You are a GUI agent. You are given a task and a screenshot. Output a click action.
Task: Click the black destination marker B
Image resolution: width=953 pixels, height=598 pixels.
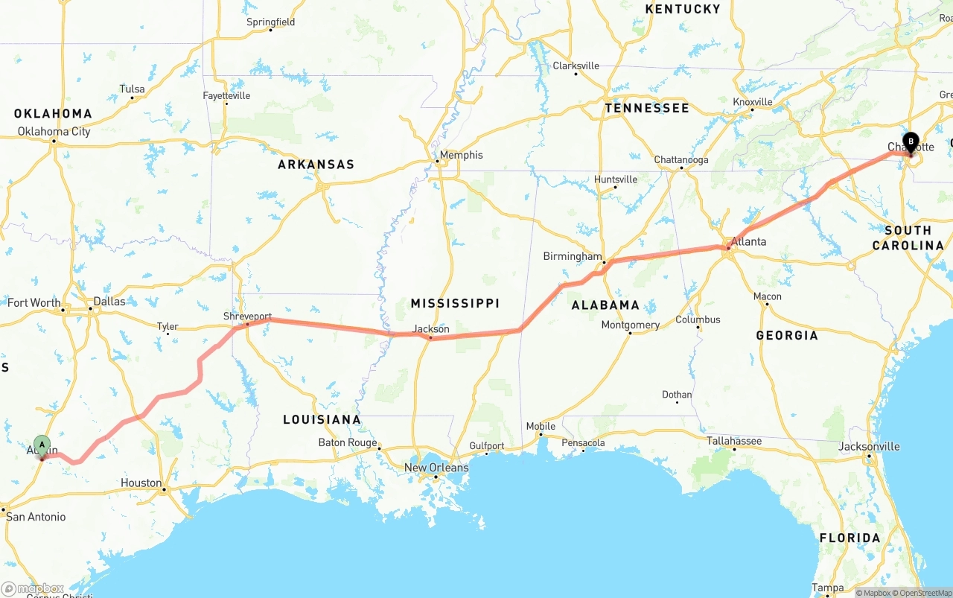point(910,141)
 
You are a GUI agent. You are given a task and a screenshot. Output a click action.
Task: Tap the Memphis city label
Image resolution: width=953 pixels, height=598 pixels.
point(461,155)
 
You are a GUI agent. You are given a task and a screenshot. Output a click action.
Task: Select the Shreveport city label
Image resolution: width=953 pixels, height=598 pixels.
point(247,317)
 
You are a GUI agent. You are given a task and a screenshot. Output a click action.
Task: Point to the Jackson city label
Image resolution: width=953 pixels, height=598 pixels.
point(431,328)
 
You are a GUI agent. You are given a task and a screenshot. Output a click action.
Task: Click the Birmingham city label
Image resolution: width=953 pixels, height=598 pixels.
point(572,256)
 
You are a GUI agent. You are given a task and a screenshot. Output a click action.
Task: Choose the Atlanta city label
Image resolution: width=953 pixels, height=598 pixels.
point(748,241)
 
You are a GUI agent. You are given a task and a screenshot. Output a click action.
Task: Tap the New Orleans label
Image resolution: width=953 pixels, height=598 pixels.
point(436,468)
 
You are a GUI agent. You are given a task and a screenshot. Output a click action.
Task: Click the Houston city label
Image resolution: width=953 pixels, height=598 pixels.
point(141,483)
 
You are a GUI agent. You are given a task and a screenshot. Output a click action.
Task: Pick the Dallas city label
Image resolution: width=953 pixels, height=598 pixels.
point(109,302)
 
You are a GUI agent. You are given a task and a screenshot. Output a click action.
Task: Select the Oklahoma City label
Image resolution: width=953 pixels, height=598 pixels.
point(54,132)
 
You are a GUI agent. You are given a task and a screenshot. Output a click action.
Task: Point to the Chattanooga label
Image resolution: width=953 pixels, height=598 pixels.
point(681,160)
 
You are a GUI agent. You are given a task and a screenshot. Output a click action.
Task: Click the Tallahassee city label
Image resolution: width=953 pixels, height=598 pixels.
point(733,441)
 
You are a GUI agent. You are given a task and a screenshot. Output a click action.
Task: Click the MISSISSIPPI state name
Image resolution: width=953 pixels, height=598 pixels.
point(455,303)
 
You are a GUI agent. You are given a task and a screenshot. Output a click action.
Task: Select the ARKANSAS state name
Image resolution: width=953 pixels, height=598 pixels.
point(316,164)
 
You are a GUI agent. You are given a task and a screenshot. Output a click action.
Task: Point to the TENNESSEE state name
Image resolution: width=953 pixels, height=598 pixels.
point(646,108)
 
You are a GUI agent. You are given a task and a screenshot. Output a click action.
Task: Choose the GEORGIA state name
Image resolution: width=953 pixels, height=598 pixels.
point(786,335)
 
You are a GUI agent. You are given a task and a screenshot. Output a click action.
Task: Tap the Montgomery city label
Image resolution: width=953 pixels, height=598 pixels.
point(630,325)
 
